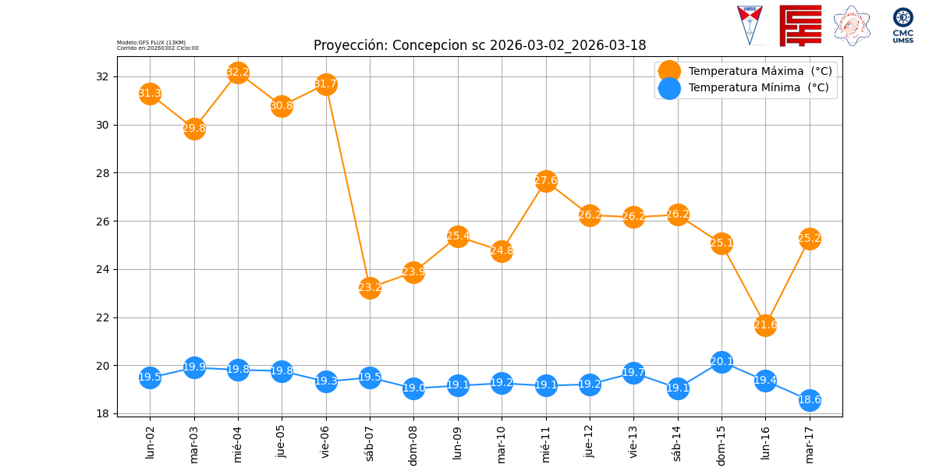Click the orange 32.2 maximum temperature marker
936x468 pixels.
pyautogui.click(x=238, y=73)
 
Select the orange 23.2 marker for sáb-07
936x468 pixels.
pyautogui.click(x=370, y=288)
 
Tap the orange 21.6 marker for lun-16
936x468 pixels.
pyautogui.click(x=765, y=325)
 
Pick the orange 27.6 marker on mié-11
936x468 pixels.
pyautogui.click(x=546, y=181)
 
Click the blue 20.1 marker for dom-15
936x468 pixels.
pyautogui.click(x=721, y=362)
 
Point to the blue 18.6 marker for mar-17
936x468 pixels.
pyautogui.click(x=810, y=400)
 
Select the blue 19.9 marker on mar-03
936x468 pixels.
pyautogui.click(x=194, y=367)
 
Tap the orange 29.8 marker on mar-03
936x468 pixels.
pyautogui.click(x=194, y=129)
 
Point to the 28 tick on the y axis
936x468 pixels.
pyautogui.click(x=102, y=173)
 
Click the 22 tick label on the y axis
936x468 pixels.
pyautogui.click(x=102, y=317)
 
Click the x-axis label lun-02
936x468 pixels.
pyautogui.click(x=150, y=442)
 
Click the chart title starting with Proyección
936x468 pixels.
pyautogui.click(x=480, y=45)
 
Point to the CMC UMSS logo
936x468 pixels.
pyautogui.click(x=903, y=26)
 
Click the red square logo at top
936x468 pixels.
pyautogui.click(x=800, y=26)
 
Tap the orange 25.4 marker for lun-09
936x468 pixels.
pyautogui.click(x=458, y=236)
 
